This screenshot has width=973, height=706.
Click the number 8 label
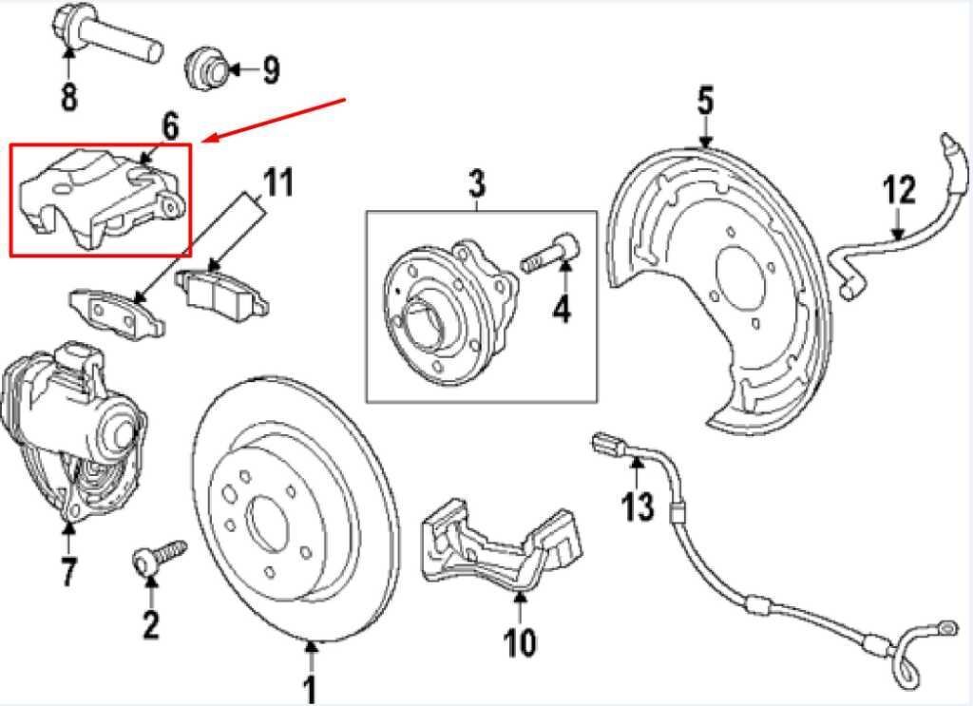click(x=69, y=96)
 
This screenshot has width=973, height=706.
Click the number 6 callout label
click(x=169, y=125)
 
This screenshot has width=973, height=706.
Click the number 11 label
click(x=277, y=182)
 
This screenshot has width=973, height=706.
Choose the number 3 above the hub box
click(x=476, y=182)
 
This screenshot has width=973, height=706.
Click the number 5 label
click(x=704, y=101)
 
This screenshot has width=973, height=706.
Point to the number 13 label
click(x=639, y=505)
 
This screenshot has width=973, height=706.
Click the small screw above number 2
click(x=157, y=557)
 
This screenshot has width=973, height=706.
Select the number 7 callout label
click(x=69, y=572)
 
